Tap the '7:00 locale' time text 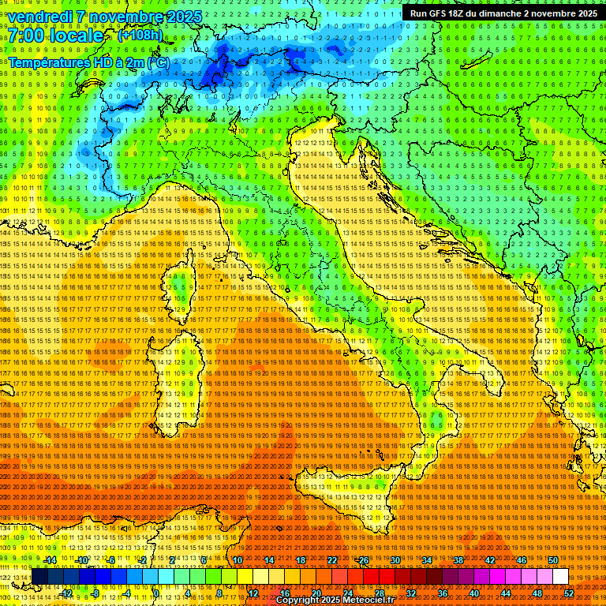click(56, 36)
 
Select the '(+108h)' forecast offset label click(140, 36)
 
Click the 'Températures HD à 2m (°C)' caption click(88, 62)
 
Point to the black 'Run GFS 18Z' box click(503, 13)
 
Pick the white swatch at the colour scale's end click(560, 577)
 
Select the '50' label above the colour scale click(553, 560)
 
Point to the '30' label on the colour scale click(395, 560)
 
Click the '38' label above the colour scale click(458, 560)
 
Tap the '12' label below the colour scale click(253, 593)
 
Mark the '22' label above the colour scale click(332, 560)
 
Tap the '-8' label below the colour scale click(95, 593)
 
